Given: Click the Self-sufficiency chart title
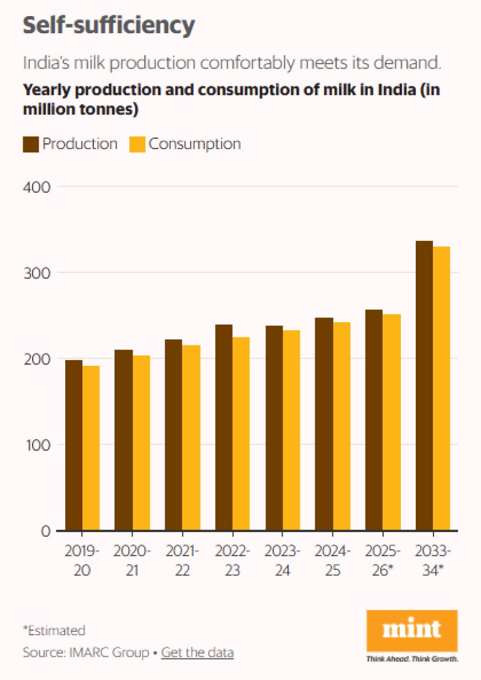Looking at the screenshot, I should pos(108,25).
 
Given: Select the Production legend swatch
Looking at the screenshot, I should pos(30,145).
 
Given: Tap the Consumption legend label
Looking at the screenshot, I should pos(195,144).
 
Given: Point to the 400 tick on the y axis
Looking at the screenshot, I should pos(36,187).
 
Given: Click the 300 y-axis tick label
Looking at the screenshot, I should pos(36,272).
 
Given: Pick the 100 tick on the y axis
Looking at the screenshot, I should pos(37,445).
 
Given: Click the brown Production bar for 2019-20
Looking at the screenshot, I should pos(74,445).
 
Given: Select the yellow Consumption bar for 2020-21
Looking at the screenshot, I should pos(141,443).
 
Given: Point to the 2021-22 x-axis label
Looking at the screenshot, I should pos(182,561).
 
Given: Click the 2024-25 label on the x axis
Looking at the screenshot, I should pos(332,561).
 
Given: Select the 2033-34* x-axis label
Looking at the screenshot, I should pos(433,561).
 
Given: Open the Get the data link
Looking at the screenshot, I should pos(197,652).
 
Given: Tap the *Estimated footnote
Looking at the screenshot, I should pos(54,630).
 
